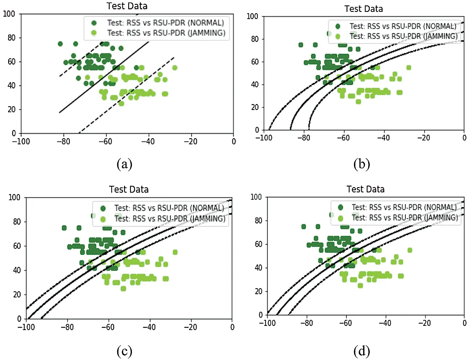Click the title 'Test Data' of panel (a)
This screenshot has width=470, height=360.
127,6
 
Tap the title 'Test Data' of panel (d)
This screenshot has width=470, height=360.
365,189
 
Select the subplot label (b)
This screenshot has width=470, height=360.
362,164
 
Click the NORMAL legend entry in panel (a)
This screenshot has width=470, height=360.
165,23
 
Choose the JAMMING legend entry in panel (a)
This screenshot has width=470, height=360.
166,33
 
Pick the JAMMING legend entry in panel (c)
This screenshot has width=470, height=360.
170,218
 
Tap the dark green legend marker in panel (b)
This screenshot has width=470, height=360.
338,26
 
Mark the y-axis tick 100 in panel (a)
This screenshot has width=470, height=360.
9,14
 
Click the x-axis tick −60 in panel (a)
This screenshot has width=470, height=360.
105,142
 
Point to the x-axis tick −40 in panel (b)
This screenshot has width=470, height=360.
383,138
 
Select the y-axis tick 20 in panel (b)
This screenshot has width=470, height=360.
255,107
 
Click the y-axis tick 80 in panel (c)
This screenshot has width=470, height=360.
17,222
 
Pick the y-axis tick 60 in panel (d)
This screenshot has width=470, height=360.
258,244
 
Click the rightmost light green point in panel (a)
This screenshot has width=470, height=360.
175,68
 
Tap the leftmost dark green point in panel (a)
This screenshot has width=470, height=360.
60,44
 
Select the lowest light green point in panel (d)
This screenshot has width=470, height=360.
360,285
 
